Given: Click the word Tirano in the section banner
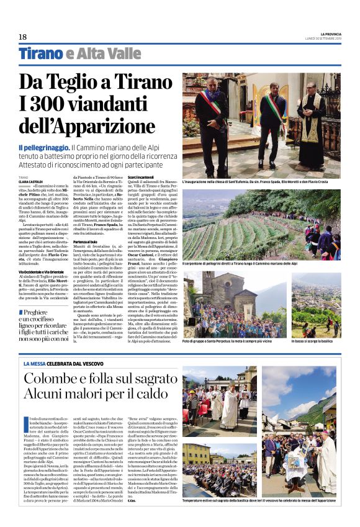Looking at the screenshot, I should pos(41,54).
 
